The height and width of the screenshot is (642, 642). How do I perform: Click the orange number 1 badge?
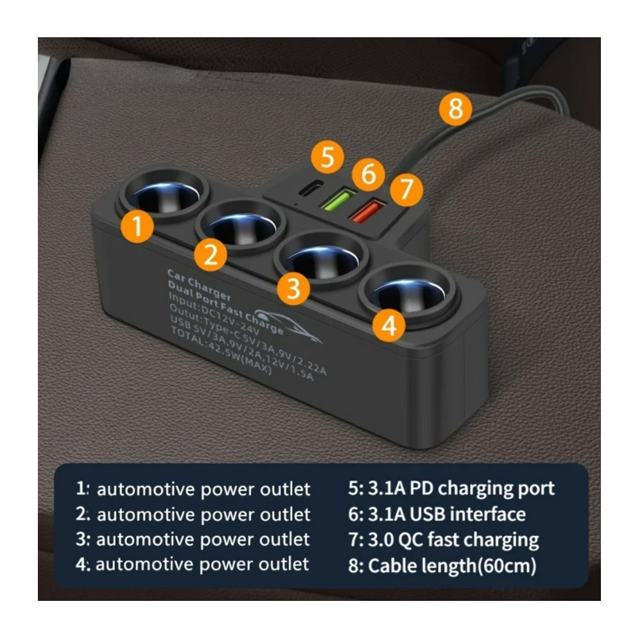(137, 226)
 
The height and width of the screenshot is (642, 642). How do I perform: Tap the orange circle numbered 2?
(211, 254)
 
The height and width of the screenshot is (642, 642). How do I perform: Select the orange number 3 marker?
(293, 288)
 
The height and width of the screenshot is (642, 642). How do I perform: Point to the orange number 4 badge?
(389, 326)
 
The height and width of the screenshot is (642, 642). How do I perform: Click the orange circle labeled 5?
(327, 157)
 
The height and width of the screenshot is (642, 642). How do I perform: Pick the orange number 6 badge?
(369, 173)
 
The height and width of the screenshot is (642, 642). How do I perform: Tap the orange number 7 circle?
(406, 189)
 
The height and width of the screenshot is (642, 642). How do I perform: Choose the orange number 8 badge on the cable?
(455, 109)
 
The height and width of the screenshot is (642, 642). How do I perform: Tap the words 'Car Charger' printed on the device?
(199, 284)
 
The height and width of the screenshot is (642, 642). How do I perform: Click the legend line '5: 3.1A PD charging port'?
(451, 489)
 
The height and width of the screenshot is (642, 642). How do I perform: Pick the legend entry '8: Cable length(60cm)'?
(442, 566)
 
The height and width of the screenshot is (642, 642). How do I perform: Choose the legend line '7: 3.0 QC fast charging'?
(444, 540)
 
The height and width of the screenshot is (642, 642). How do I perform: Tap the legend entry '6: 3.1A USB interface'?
(437, 514)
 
